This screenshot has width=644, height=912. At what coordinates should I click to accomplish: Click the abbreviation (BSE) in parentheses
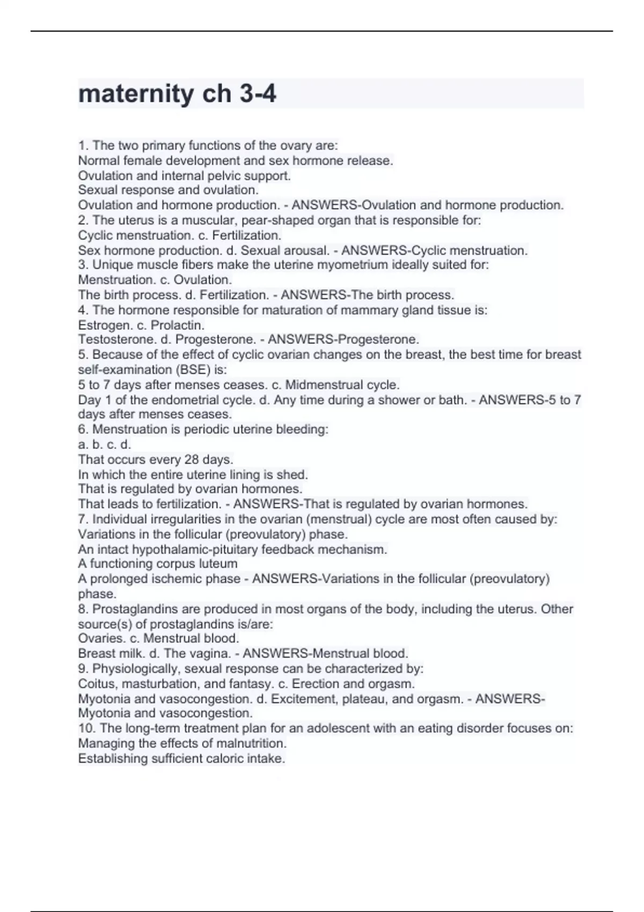194,370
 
